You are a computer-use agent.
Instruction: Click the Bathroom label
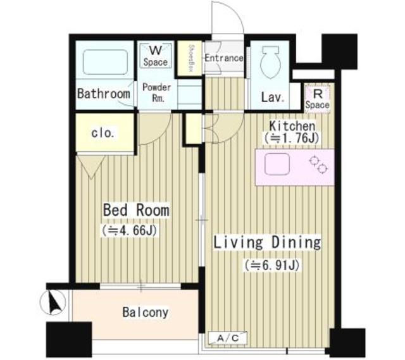tap(104, 94)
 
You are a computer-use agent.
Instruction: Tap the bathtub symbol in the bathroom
tap(106, 62)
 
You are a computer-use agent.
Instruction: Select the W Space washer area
tap(156, 56)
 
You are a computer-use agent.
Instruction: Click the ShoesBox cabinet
tap(190, 58)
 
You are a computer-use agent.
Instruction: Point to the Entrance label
tap(224, 58)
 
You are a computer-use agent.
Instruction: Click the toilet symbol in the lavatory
tap(270, 62)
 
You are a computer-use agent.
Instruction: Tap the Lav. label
tap(273, 97)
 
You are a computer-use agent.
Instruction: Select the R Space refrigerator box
tap(318, 99)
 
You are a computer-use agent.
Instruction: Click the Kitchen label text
tap(292, 126)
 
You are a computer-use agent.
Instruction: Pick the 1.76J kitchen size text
tap(291, 138)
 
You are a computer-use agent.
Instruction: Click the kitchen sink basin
tap(277, 164)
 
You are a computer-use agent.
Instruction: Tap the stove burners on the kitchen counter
tap(319, 164)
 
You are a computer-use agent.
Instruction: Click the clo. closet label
tap(103, 133)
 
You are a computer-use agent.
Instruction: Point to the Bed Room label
tap(137, 210)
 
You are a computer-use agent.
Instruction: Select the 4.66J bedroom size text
tap(129, 230)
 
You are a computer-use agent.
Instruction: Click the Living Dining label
tap(267, 242)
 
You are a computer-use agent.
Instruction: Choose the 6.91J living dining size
tap(272, 265)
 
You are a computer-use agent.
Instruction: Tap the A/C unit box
tap(228, 338)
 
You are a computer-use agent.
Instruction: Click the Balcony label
tap(146, 312)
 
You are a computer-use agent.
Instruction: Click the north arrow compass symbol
tap(53, 302)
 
